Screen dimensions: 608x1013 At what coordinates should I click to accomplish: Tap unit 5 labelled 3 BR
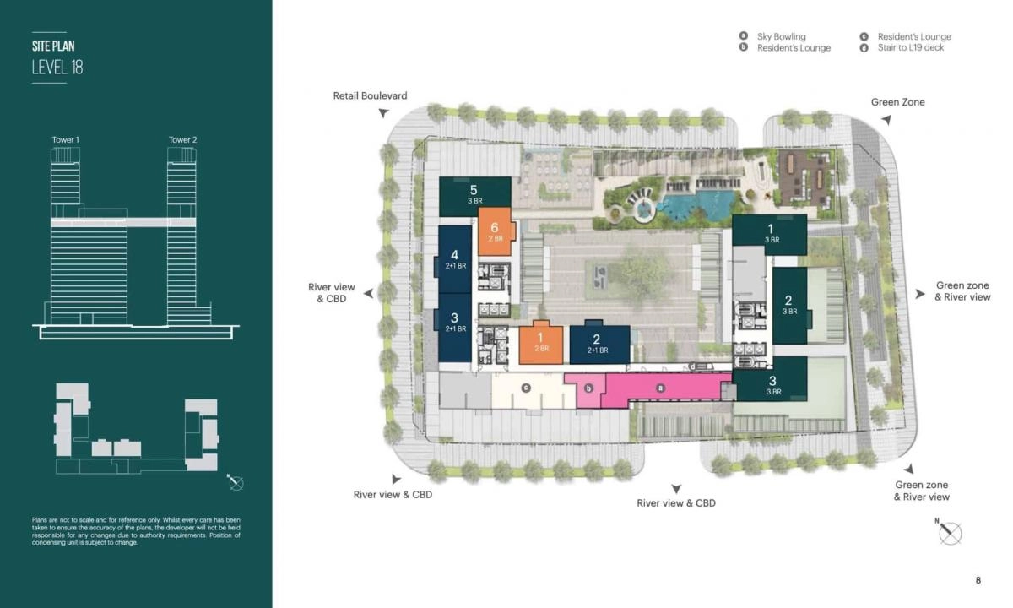[x=474, y=195]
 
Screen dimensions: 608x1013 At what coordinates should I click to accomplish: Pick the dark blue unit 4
[x=454, y=258]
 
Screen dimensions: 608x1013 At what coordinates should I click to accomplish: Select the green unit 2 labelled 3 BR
[x=788, y=305]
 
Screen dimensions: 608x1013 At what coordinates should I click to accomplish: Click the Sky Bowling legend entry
[x=781, y=36]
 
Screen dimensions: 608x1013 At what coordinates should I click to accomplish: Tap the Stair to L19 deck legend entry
[x=910, y=48]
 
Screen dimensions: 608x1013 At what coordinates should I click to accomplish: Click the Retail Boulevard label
[x=370, y=95]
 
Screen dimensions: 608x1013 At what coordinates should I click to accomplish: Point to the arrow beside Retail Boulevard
[x=383, y=112]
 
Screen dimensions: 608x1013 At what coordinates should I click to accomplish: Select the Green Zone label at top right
[x=897, y=102]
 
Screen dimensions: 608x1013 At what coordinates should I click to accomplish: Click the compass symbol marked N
[x=951, y=533]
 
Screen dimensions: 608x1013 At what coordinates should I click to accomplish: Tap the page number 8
[x=978, y=580]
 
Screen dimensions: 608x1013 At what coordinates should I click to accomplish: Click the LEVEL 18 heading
[x=57, y=68]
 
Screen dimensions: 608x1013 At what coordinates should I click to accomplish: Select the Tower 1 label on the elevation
[x=65, y=139]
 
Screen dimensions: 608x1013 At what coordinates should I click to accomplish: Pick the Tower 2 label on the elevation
[x=182, y=139]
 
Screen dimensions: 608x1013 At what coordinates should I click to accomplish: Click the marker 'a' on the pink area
[x=661, y=387]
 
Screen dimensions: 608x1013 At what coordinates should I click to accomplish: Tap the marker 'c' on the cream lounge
[x=525, y=388]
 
